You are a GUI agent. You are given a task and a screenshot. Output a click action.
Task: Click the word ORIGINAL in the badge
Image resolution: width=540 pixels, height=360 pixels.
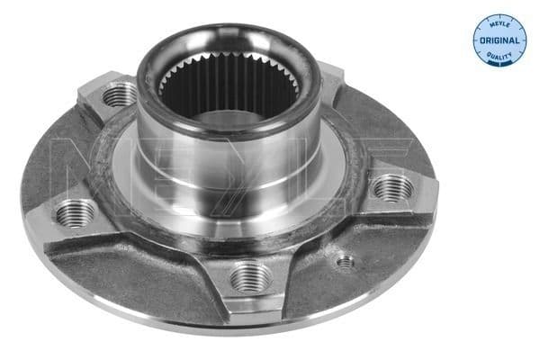[x=499, y=41]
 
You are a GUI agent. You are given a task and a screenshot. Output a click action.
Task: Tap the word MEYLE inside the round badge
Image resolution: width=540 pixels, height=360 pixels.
[x=499, y=24]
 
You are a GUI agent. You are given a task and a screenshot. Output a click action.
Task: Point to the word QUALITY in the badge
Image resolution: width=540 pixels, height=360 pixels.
[x=499, y=58]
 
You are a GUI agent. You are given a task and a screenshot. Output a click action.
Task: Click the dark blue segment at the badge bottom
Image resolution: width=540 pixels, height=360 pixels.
[x=499, y=58]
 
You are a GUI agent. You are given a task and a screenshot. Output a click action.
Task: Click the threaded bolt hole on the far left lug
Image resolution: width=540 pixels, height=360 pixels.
[x=76, y=213]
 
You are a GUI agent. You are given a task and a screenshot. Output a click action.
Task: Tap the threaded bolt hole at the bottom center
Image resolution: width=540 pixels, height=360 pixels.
[x=249, y=276]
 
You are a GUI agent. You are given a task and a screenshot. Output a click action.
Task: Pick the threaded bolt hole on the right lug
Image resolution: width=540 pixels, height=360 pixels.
[x=392, y=188]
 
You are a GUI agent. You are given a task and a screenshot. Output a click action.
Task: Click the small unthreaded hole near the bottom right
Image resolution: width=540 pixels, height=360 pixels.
[x=345, y=262]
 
